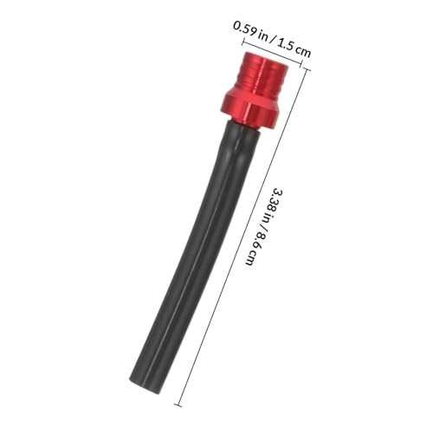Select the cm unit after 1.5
point(304,51)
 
